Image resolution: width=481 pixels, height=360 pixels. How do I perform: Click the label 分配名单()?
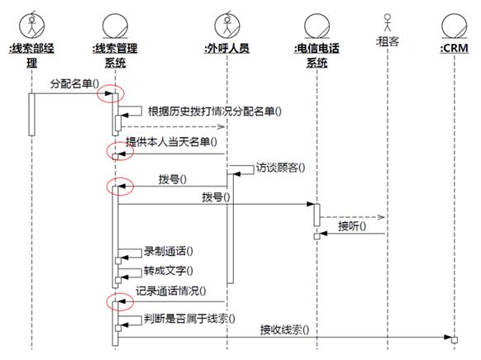pos(74,83)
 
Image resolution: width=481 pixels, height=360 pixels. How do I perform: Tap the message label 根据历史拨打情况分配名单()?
pos(214,111)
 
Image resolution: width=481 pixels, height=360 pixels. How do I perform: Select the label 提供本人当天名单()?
pos(171,141)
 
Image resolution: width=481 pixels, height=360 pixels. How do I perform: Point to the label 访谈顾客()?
pos(280,168)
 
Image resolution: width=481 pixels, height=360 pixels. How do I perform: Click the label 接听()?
pos(352,226)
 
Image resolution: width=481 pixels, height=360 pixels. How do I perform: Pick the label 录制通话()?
pos(169,251)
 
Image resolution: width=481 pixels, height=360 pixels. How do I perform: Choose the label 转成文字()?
pos(169,271)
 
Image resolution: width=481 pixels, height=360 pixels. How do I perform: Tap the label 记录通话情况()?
pos(171,291)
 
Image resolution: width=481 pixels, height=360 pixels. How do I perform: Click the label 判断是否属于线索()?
pos(189,319)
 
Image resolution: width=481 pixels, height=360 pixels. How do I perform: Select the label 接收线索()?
pos(284,330)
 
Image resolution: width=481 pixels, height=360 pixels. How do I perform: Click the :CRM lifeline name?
pos(455,48)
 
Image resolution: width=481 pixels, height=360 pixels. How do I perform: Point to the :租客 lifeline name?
pos(388,41)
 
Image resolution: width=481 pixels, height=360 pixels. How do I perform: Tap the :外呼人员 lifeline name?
pos(227,48)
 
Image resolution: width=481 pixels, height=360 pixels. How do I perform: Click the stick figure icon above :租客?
pos(388,22)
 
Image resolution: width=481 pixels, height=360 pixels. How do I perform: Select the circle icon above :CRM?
pos(455,26)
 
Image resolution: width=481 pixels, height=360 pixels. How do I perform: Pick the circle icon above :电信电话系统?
pos(317,26)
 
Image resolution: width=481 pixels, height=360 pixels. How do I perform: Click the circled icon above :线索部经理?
pos(32,25)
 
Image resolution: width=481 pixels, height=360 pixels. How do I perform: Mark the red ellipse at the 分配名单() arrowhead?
pos(111,92)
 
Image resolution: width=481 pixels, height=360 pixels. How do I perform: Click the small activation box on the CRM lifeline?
pos(455,340)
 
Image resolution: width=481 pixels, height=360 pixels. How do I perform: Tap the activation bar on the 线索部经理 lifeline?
pos(31,114)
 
